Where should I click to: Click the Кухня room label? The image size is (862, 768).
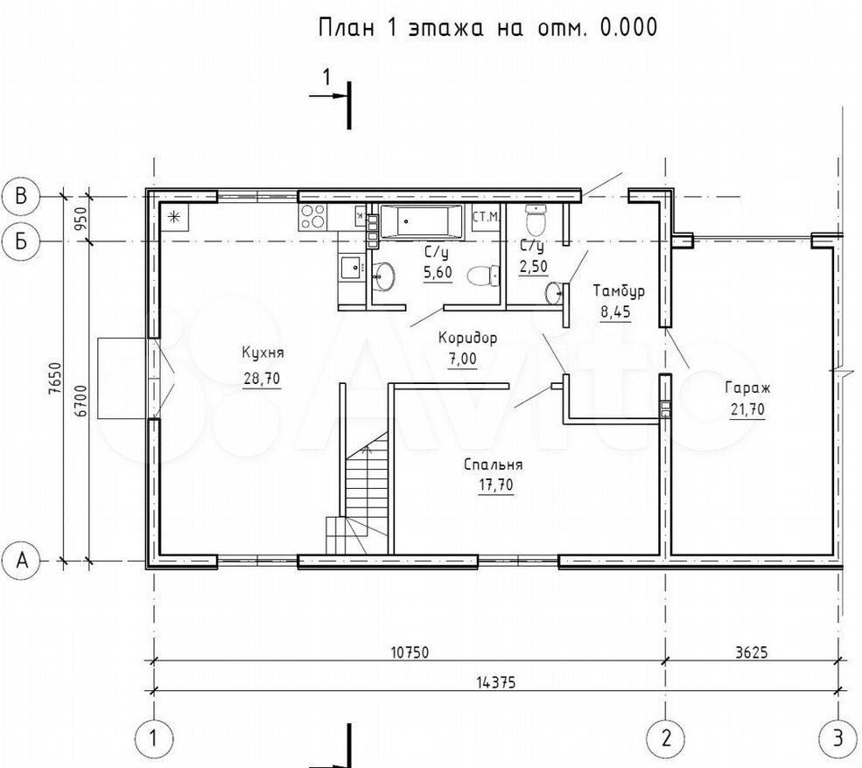point(263,353)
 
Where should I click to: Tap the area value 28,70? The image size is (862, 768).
point(263,378)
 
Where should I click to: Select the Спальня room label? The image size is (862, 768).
point(493,464)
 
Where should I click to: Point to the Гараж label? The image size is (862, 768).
point(747,387)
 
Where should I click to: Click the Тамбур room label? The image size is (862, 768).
point(619,290)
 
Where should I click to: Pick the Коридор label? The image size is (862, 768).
point(467,338)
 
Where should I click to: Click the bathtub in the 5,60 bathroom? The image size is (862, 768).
point(422,222)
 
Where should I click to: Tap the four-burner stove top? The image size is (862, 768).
point(312,216)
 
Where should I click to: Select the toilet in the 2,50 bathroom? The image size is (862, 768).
point(536,220)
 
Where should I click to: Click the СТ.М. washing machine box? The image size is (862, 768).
point(487,216)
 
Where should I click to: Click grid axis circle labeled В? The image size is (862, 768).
point(21,196)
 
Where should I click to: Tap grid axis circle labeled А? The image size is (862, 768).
point(21,561)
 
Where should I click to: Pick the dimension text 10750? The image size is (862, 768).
point(410,652)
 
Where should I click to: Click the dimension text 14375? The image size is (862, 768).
point(496,682)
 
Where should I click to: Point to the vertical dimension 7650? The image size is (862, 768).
point(54,378)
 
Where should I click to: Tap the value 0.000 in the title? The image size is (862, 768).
point(628,27)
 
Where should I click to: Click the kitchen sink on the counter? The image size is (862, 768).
point(351,268)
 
